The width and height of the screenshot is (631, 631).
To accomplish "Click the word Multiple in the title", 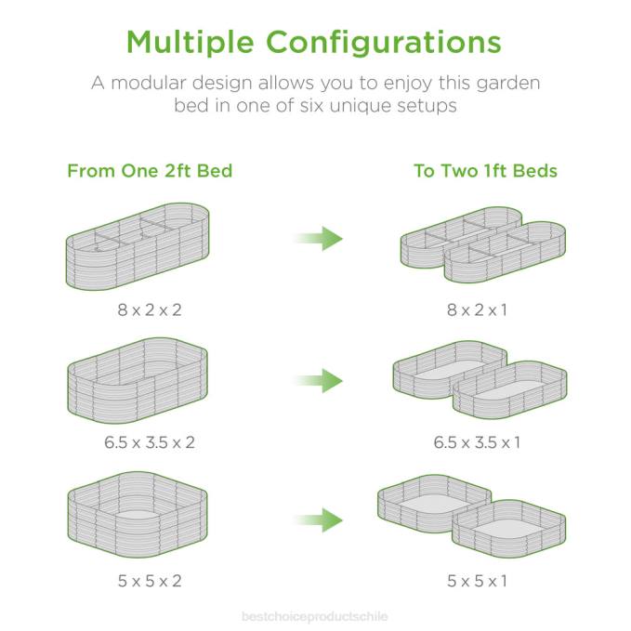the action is tap(190, 43).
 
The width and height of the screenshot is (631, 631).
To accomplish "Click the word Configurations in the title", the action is tap(384, 43).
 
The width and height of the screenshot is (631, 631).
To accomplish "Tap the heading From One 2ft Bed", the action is tap(150, 171).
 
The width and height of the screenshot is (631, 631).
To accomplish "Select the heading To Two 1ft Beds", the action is tap(485, 171).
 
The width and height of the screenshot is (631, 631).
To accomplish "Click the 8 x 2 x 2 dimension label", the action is tap(150, 309).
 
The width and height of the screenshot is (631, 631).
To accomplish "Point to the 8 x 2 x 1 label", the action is tap(477, 309).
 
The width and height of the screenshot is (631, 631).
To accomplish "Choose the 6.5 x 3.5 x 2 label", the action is tap(150, 442).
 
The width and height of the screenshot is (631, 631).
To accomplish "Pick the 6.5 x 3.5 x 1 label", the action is tap(477, 442).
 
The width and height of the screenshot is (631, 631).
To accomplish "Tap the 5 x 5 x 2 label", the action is tap(150, 581).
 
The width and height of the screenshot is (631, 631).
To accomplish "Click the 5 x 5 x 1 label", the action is tap(477, 581).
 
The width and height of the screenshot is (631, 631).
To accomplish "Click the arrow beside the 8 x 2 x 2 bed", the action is tap(319, 239).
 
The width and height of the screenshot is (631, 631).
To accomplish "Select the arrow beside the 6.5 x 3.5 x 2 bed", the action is tap(319, 381).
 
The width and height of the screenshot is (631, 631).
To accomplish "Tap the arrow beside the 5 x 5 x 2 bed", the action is tap(319, 520).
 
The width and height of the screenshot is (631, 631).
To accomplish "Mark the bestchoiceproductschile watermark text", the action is tap(315, 616).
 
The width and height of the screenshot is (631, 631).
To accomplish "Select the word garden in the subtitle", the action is tap(508, 85).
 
